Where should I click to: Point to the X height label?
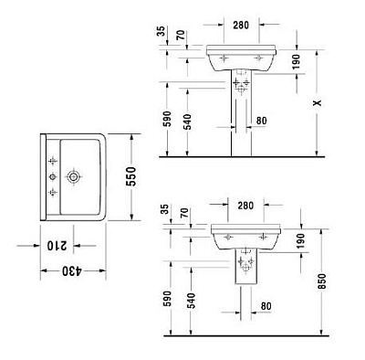coord(316,103)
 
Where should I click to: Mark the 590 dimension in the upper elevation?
coord(165,119)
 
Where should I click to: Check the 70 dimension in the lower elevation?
coord(185,215)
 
